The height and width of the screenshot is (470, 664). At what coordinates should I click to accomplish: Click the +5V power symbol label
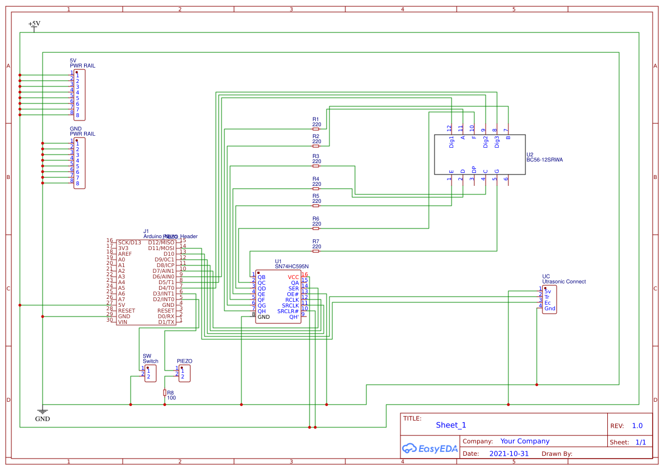click(x=34, y=24)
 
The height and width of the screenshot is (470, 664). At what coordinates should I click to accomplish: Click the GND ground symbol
click(x=42, y=412)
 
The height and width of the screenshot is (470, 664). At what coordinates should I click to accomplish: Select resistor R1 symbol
click(x=316, y=129)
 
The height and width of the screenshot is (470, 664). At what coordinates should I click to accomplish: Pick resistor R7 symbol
click(x=316, y=251)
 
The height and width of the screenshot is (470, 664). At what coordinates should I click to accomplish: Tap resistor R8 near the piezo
click(x=165, y=393)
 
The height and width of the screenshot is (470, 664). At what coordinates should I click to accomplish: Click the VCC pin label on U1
click(x=293, y=277)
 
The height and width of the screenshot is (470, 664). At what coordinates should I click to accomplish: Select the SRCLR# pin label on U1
click(x=288, y=311)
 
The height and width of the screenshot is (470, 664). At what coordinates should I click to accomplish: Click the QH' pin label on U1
click(x=294, y=317)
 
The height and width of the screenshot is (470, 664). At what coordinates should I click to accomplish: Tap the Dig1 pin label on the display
click(x=452, y=142)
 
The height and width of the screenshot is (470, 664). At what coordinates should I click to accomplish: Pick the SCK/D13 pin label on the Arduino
click(x=130, y=243)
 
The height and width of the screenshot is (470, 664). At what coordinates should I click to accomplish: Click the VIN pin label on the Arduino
click(x=123, y=322)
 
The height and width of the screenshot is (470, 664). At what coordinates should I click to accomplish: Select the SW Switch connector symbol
click(x=150, y=373)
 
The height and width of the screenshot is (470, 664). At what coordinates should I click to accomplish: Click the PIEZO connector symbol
click(x=185, y=373)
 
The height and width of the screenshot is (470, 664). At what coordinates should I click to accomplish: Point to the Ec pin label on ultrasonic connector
click(x=547, y=303)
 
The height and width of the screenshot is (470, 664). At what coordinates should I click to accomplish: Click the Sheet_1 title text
click(x=451, y=425)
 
